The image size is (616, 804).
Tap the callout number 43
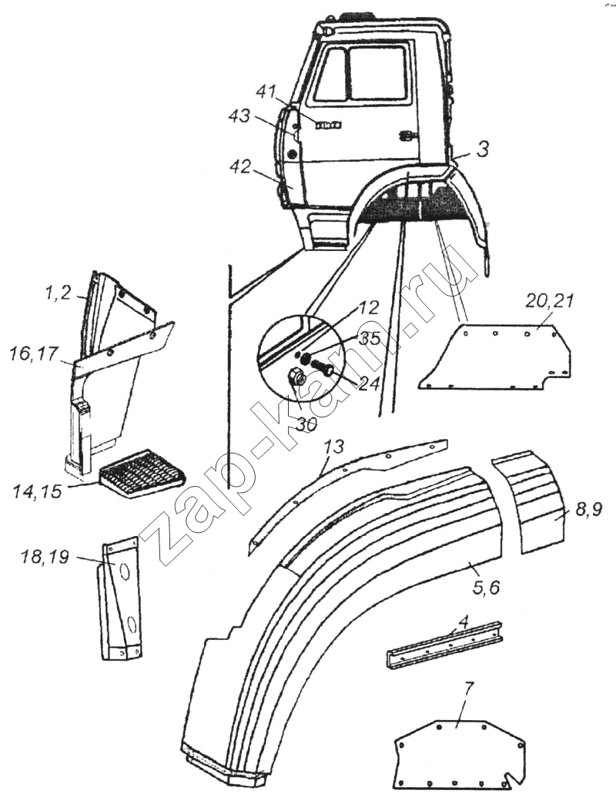click(x=239, y=116)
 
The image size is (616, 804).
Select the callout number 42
click(x=240, y=166)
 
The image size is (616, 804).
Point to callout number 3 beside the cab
click(x=482, y=149)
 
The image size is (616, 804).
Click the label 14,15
click(x=38, y=491)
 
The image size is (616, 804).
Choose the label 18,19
click(x=45, y=556)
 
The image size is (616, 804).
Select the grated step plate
click(x=141, y=471)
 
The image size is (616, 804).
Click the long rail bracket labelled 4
click(x=444, y=644)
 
